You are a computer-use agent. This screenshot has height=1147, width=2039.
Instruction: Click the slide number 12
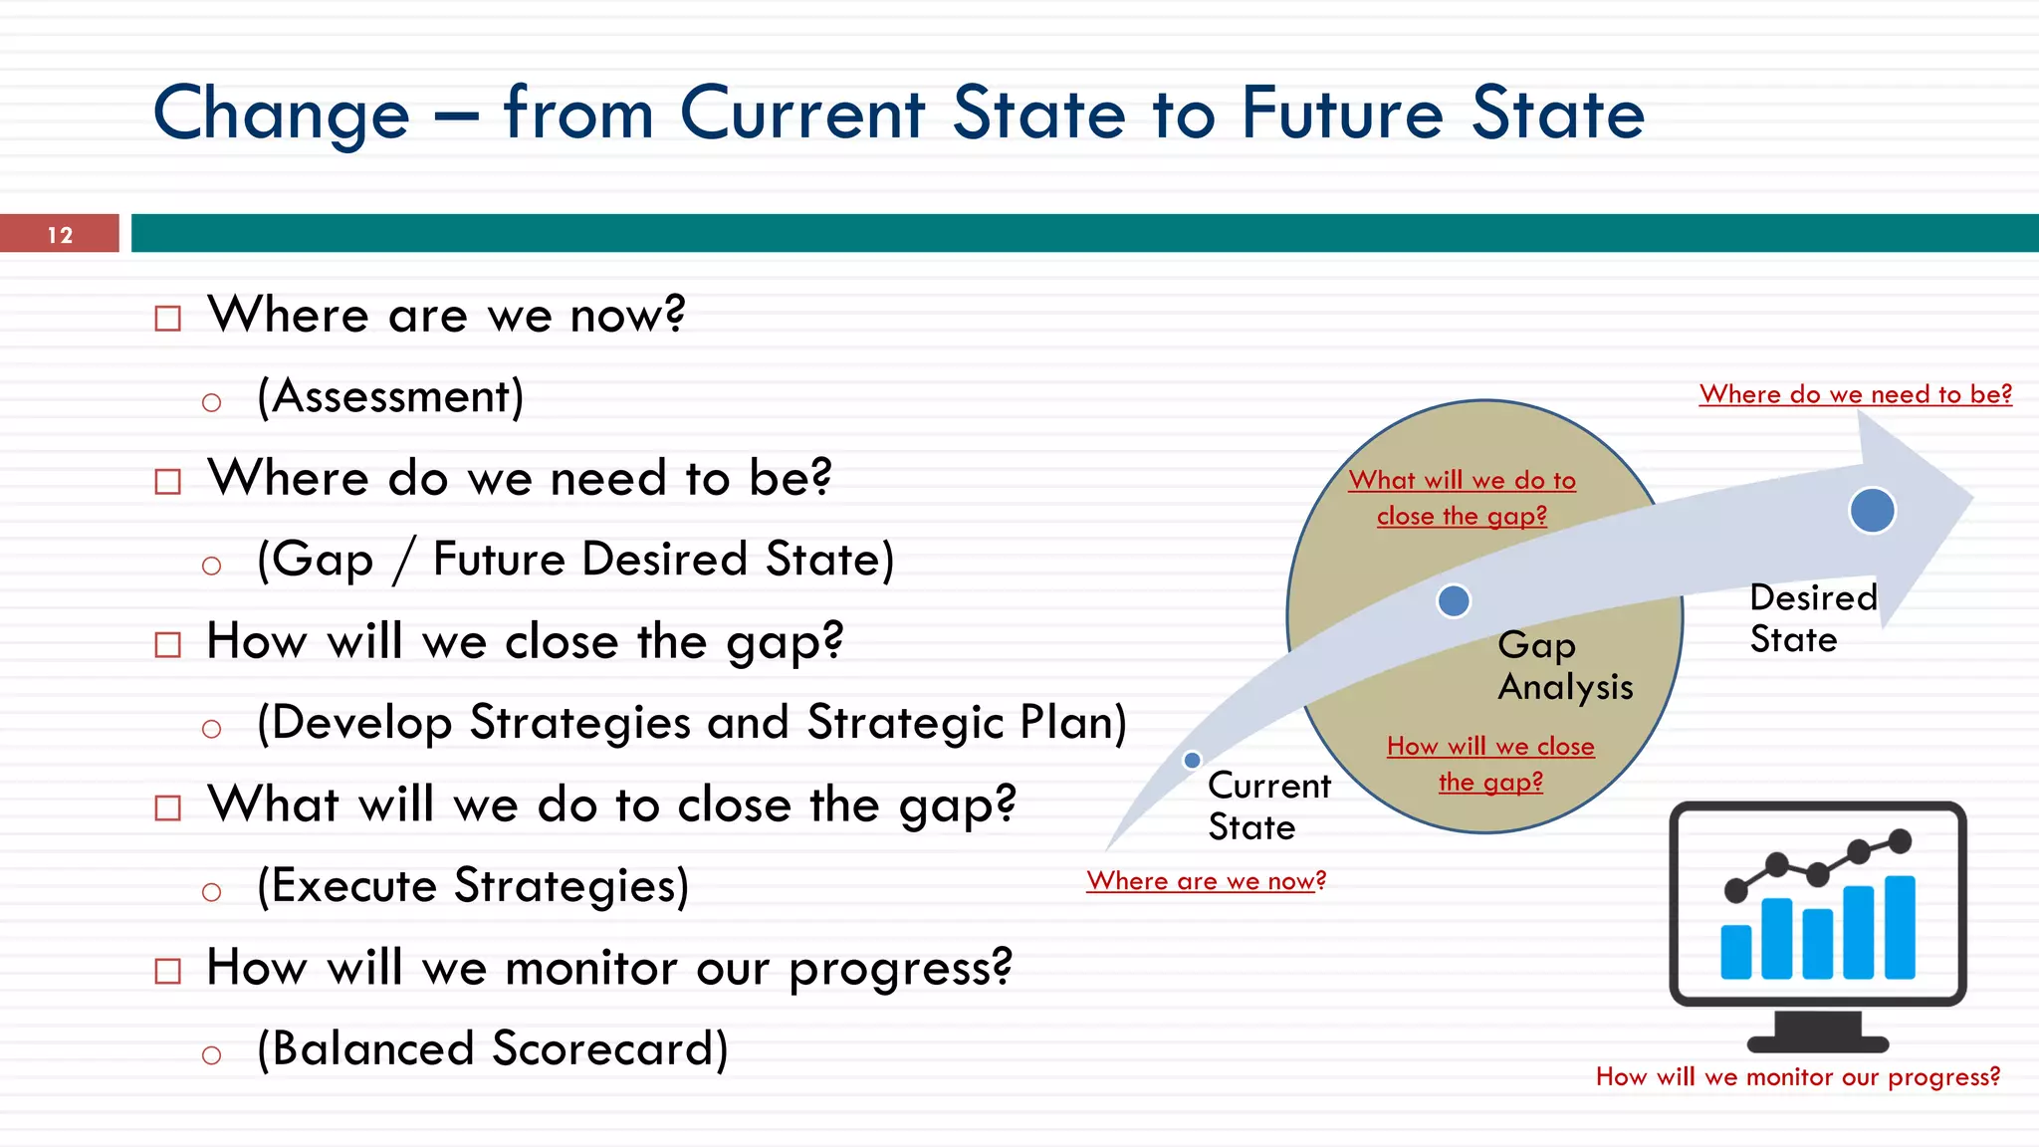(60, 235)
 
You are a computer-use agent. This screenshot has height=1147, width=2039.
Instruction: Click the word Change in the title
(281, 114)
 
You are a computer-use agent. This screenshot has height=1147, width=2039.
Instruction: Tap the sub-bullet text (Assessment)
(389, 397)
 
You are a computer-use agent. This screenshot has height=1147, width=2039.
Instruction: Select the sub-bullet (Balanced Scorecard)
(492, 1049)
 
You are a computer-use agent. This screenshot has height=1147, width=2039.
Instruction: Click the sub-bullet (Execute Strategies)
(472, 886)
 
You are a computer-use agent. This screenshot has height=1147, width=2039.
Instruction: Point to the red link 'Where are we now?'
(1206, 881)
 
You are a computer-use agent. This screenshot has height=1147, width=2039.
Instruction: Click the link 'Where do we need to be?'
(1855, 394)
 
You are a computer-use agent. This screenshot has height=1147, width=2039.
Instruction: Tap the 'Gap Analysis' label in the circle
(1564, 665)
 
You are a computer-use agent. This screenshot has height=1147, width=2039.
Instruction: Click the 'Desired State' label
(1812, 618)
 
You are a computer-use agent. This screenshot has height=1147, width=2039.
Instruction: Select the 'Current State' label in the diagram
(1267, 806)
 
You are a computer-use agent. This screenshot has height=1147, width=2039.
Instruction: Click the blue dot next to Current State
(1192, 761)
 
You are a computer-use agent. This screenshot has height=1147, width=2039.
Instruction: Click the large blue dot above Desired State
(1872, 511)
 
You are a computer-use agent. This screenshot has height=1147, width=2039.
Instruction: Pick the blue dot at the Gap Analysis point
(1454, 600)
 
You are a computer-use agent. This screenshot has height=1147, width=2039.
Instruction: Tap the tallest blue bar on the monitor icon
(1900, 927)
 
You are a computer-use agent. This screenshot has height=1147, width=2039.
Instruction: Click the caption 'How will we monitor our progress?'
(1797, 1077)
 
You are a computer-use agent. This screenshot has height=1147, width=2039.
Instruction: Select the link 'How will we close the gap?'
(1490, 765)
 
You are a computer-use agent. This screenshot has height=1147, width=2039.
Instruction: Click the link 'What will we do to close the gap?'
(1462, 498)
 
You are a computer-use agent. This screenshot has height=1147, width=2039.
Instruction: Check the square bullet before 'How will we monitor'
(168, 971)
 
